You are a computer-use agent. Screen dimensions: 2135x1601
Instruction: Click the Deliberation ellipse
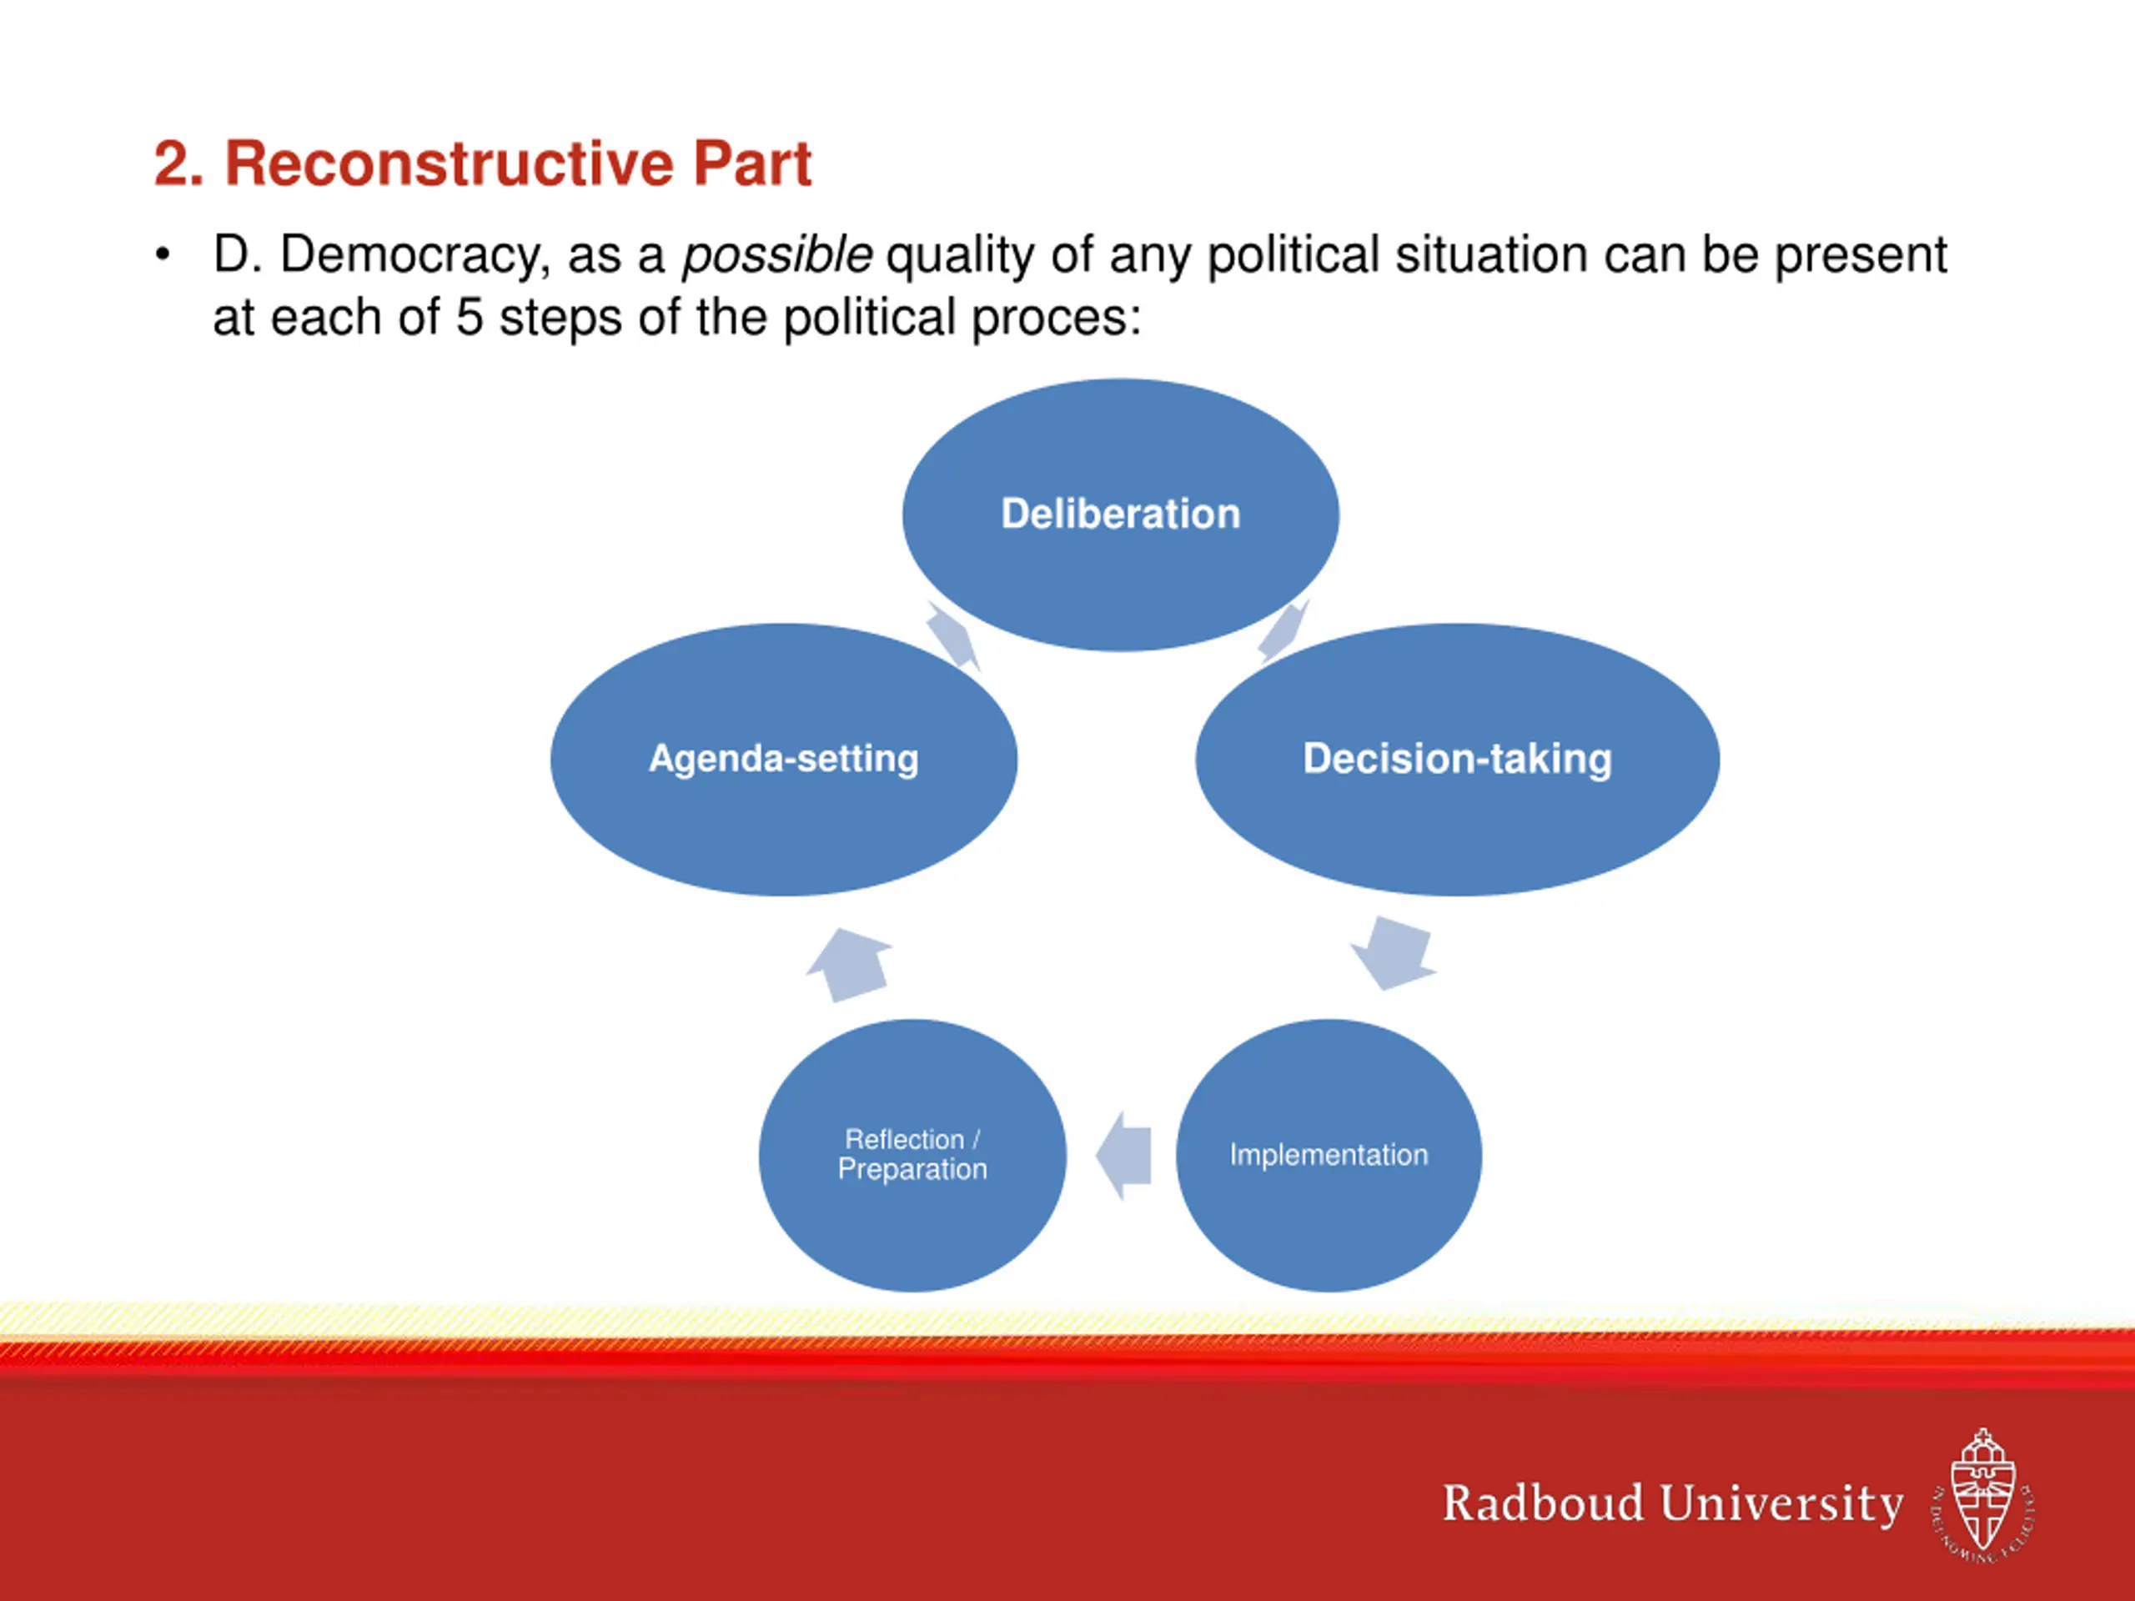pos(1121,514)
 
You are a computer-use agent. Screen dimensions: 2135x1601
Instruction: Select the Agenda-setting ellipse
pos(784,760)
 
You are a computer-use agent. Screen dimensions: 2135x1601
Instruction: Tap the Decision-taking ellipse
pos(1458,760)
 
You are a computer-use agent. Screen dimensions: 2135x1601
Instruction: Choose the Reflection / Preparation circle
pos(913,1155)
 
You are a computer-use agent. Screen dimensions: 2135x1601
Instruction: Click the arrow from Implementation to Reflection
pos(1124,1155)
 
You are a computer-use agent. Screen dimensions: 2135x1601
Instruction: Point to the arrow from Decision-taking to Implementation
pos(1392,952)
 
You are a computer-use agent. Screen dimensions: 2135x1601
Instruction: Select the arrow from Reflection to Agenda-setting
pos(849,964)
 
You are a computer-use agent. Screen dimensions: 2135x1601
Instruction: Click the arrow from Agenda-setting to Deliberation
pos(953,636)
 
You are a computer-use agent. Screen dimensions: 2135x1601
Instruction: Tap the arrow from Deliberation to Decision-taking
pos(1284,631)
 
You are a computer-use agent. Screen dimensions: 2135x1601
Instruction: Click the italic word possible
pos(777,256)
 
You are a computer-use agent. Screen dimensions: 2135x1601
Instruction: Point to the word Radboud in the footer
pos(1542,1503)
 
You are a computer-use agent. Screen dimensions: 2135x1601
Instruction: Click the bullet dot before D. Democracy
pos(163,256)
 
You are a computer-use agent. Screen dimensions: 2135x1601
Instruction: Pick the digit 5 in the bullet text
pos(469,318)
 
